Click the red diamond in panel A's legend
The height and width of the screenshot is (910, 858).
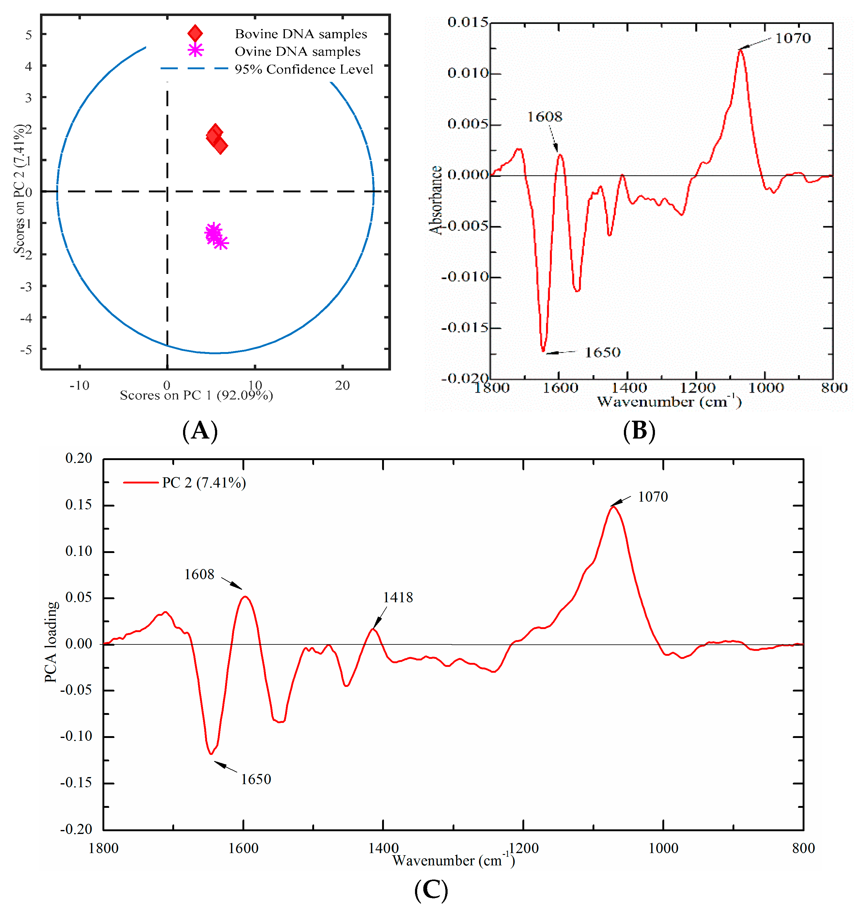tap(195, 34)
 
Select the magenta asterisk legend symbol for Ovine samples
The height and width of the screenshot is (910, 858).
tap(195, 50)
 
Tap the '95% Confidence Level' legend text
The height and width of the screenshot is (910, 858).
tap(304, 69)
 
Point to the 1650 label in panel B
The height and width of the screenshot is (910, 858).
tap(603, 352)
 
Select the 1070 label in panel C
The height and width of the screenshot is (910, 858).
tap(653, 497)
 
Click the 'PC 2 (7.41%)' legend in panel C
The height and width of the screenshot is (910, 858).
tap(204, 483)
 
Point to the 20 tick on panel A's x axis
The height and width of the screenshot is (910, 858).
tap(342, 385)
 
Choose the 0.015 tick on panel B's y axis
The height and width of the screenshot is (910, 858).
tap(468, 22)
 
